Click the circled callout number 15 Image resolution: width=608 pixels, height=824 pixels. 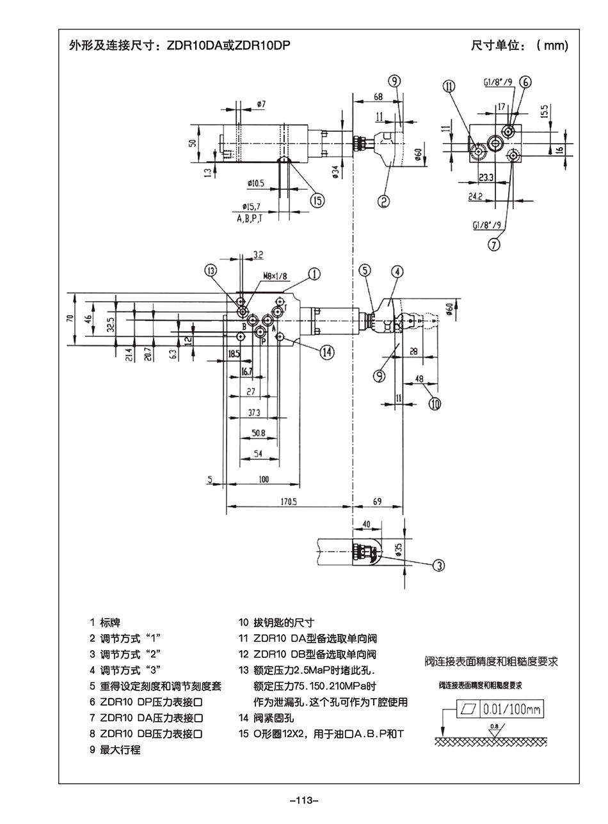point(317,200)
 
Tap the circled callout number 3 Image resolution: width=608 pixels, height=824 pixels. point(439,564)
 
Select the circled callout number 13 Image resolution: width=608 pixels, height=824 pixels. point(212,270)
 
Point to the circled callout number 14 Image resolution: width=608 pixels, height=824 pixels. point(327,350)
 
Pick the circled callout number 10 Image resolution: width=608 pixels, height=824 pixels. point(435,403)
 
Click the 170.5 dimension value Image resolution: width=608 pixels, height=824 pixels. point(289,502)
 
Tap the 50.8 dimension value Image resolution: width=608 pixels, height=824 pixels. point(259,433)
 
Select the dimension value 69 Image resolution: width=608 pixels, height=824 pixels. point(378,502)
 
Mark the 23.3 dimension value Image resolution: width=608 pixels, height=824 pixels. point(486,178)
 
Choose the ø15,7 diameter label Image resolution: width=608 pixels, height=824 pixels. point(250,206)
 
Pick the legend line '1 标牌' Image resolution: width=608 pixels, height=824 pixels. point(106,622)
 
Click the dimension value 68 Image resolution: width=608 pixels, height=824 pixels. point(378,97)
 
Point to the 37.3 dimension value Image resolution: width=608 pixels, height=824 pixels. point(254,412)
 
